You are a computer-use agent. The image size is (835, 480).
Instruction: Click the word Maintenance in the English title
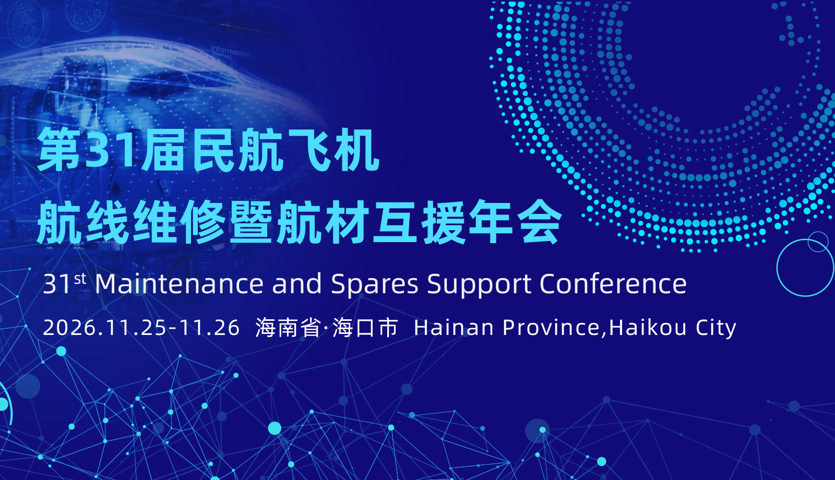pos(180,284)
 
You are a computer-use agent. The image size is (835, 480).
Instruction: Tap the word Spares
pos(375,285)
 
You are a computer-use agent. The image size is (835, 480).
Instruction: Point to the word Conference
pos(613,284)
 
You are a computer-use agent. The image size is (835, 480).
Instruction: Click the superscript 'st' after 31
pos(80,279)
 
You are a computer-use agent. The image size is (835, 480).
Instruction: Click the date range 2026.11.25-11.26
pos(141,328)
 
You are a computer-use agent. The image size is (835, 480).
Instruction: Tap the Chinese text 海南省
pos(288,328)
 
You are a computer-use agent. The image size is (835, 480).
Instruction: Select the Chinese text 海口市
pos(365,328)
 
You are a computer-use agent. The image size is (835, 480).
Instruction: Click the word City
pos(716,329)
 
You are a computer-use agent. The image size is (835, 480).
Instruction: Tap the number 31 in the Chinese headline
pos(110,150)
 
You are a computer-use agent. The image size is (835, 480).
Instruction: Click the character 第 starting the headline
pos(59,150)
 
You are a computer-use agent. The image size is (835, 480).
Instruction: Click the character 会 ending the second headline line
pos(541,222)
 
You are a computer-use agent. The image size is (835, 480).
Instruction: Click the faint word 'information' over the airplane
pos(231,51)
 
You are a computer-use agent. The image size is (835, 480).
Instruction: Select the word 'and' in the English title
pos(297,284)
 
